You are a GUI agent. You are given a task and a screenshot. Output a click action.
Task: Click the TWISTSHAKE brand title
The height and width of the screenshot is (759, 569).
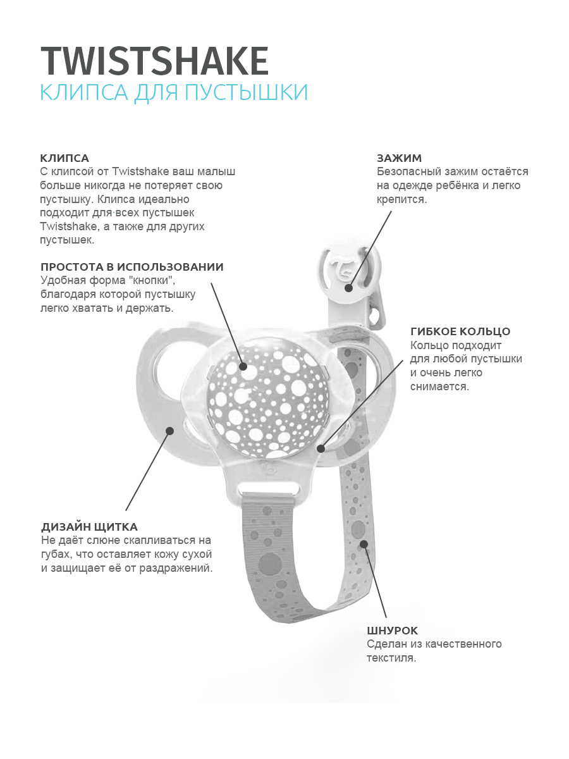pyautogui.click(x=155, y=61)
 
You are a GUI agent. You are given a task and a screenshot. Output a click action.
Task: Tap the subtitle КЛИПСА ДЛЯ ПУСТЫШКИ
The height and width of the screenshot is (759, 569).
pyautogui.click(x=174, y=92)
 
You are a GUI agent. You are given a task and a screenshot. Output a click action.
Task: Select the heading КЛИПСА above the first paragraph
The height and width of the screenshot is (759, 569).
pyautogui.click(x=64, y=158)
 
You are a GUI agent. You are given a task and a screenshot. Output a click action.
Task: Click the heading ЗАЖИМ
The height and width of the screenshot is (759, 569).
pyautogui.click(x=399, y=158)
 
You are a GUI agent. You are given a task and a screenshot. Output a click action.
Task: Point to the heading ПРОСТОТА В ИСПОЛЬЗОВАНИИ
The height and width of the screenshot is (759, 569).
pyautogui.click(x=132, y=267)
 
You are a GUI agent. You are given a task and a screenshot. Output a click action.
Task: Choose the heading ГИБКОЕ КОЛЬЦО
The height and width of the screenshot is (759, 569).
pyautogui.click(x=460, y=331)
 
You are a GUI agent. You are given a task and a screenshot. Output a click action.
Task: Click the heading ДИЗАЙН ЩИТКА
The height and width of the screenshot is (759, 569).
pyautogui.click(x=89, y=527)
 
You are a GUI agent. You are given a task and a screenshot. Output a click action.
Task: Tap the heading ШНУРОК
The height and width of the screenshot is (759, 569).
pyautogui.click(x=392, y=631)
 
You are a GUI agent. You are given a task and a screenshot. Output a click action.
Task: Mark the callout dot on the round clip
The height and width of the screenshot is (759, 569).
pyautogui.click(x=348, y=288)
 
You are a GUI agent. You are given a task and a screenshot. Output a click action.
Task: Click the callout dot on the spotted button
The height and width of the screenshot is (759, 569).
pyautogui.click(x=243, y=366)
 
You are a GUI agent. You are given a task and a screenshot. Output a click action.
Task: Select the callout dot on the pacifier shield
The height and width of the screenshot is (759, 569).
pyautogui.click(x=169, y=431)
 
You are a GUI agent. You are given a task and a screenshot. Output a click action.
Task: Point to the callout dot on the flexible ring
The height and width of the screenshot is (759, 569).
pyautogui.click(x=321, y=449)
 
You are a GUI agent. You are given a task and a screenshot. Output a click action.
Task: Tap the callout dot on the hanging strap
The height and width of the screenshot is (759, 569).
pyautogui.click(x=364, y=544)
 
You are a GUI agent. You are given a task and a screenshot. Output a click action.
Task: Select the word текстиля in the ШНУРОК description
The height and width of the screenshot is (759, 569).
pyautogui.click(x=391, y=658)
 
